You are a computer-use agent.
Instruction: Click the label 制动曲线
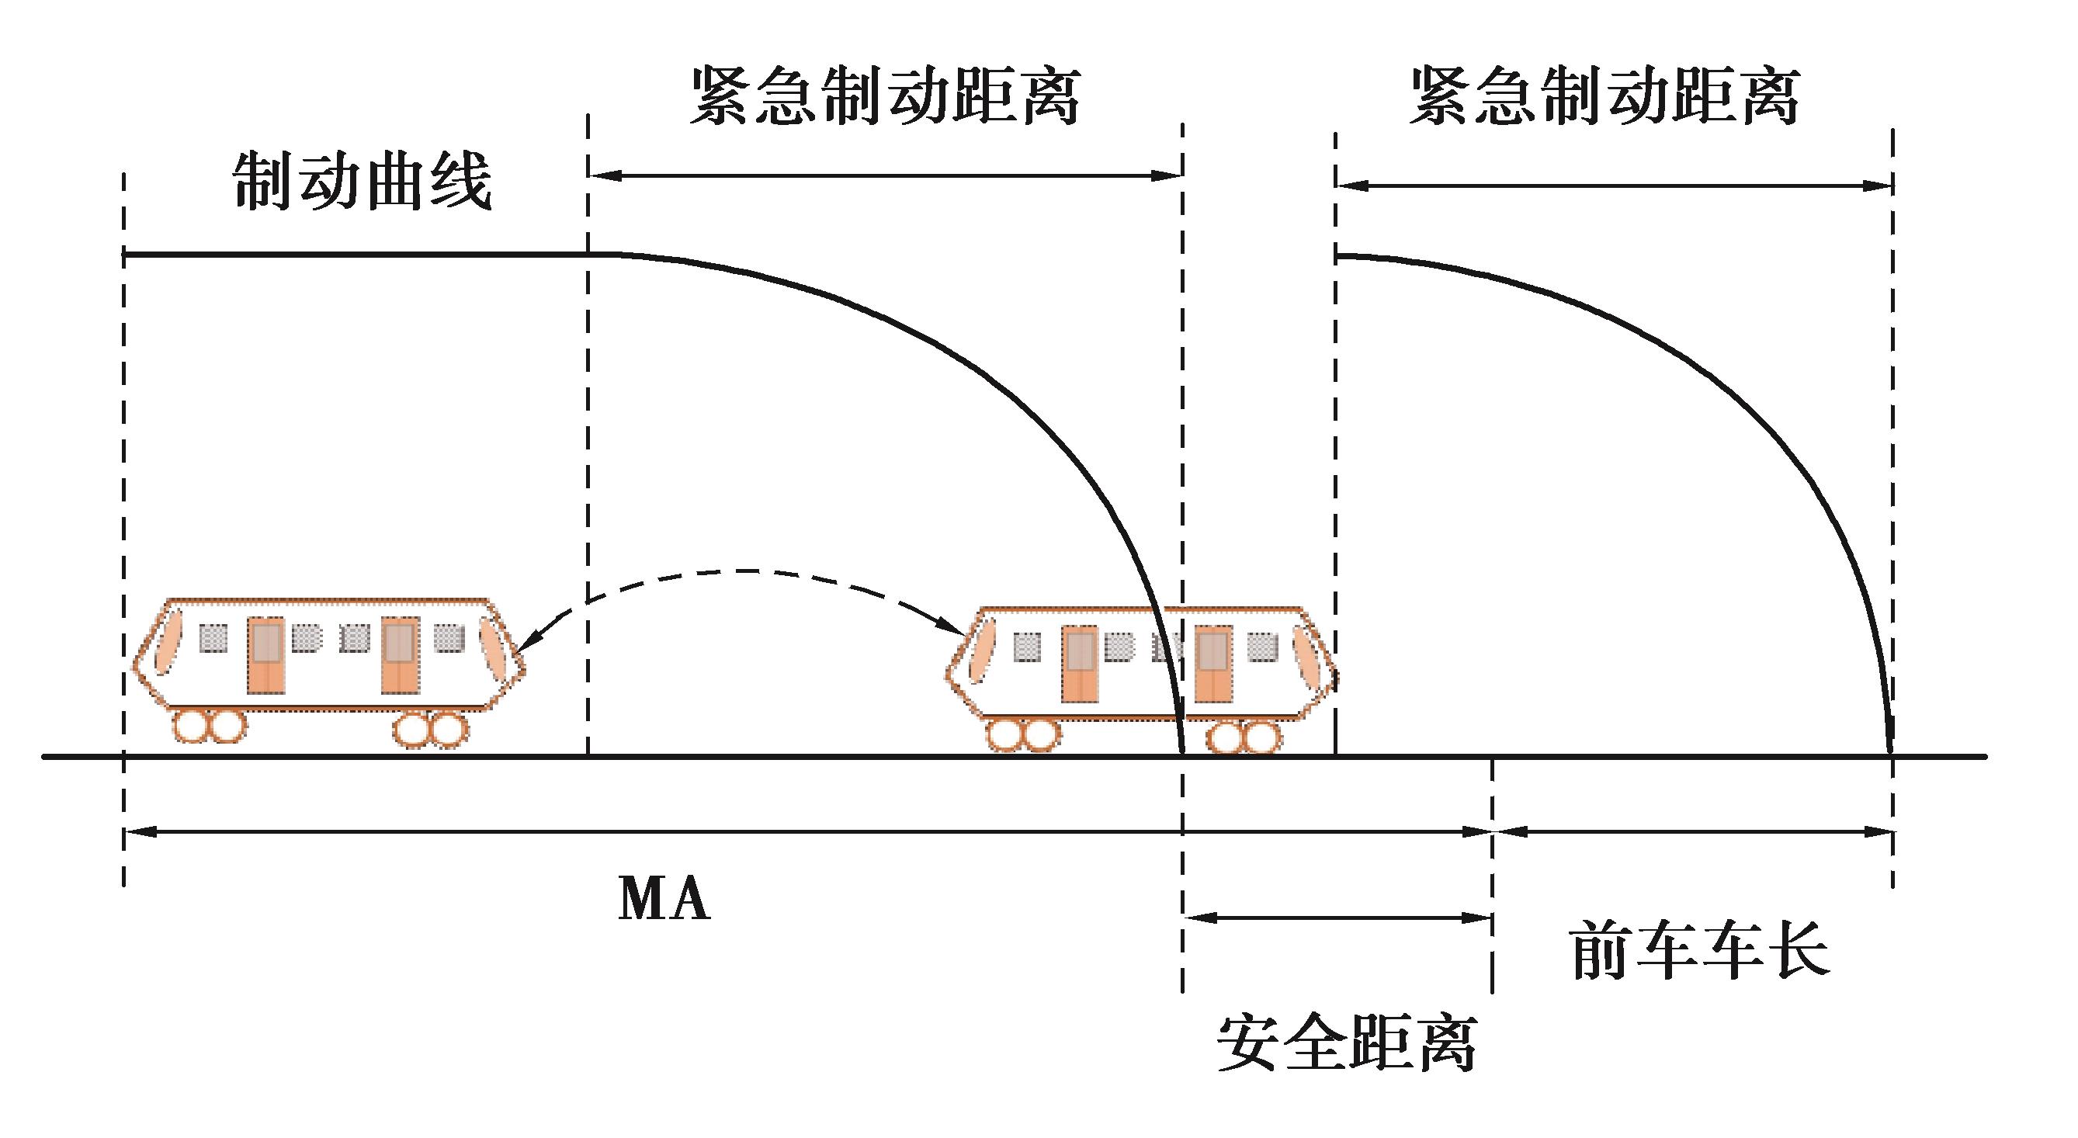(x=363, y=182)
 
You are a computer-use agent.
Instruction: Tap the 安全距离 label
(x=1346, y=1043)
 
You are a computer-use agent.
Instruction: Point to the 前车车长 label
(x=1701, y=952)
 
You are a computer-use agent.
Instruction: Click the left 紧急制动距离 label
(x=885, y=97)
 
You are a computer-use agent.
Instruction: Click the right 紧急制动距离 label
(x=1604, y=97)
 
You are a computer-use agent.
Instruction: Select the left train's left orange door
(x=266, y=655)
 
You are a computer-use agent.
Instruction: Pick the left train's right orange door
(x=400, y=655)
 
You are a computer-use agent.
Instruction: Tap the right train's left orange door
(x=1080, y=663)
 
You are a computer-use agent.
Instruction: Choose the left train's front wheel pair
(x=430, y=729)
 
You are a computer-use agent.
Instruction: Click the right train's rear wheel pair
(x=1022, y=736)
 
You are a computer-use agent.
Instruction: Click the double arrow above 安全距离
(x=1337, y=917)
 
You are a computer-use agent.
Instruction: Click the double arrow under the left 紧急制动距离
(x=885, y=175)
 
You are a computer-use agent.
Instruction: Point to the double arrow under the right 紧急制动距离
(x=1613, y=186)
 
